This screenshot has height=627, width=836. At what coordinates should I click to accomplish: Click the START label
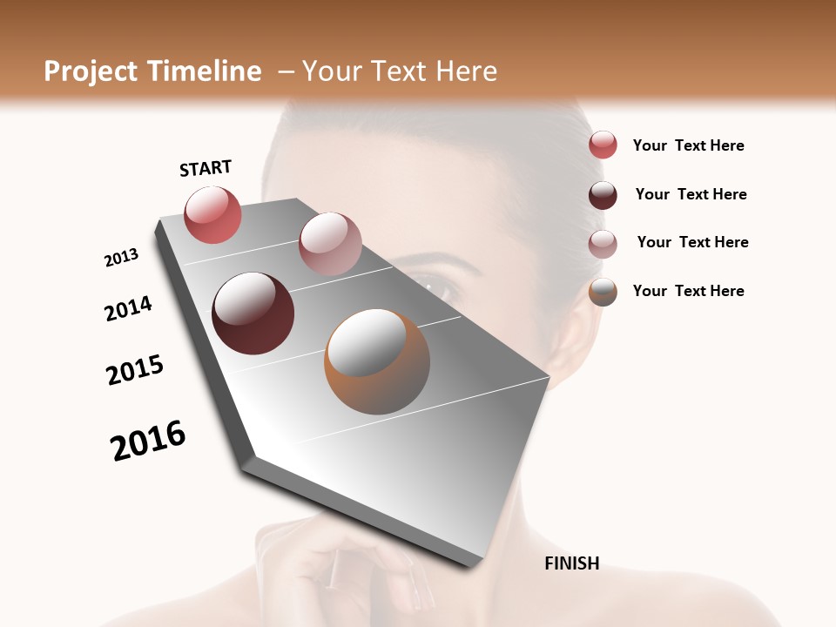point(206,168)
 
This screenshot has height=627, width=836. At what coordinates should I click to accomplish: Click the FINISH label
point(571,563)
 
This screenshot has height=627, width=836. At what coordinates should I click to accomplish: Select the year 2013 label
point(121,258)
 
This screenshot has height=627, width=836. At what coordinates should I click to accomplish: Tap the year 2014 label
point(128,308)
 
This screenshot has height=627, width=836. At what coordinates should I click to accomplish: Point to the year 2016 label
point(148,441)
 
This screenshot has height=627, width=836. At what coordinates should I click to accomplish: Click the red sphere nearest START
point(212,214)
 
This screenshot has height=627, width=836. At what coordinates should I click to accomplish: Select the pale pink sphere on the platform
point(330,243)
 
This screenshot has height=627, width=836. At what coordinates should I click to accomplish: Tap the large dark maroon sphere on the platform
point(253,313)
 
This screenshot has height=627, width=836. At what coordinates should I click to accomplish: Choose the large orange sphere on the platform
point(377,361)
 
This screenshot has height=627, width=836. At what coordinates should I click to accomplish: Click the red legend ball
point(603,145)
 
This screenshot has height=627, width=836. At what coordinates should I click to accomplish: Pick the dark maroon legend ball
point(603,195)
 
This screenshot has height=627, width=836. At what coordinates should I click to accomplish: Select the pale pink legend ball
point(603,244)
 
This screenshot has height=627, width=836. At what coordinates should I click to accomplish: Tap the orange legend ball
point(603,293)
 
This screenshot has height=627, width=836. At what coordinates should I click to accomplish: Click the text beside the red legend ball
point(688,146)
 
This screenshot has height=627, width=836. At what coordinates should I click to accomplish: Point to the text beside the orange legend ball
point(688,291)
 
